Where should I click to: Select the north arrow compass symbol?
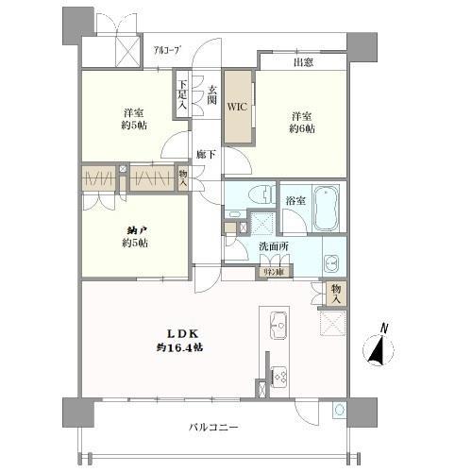tap(380, 346)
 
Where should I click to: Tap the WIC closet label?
tap(236, 107)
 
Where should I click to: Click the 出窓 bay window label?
tap(303, 62)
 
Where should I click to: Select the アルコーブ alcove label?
tap(167, 50)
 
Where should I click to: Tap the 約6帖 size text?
tap(301, 131)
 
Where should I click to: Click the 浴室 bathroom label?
tap(294, 199)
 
